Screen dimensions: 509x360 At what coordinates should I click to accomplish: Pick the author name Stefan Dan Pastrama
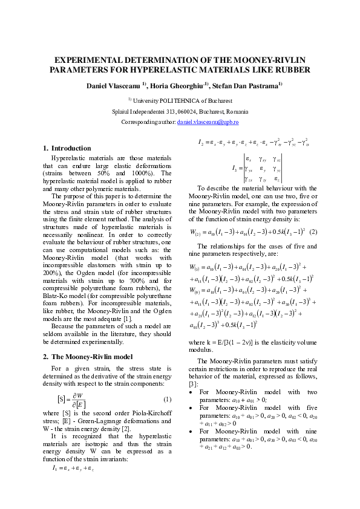[248, 86]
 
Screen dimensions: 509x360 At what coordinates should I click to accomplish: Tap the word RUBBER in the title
[293, 70]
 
